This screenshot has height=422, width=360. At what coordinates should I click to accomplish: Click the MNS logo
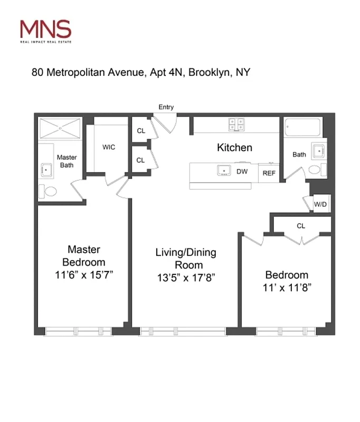(x=45, y=30)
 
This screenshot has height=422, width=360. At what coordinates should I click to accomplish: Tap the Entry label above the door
(x=166, y=107)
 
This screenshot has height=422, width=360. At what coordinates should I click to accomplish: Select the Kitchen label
(x=234, y=148)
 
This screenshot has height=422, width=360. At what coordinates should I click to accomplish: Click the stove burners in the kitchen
(x=236, y=124)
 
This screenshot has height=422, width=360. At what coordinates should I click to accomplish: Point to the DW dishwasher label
(x=242, y=171)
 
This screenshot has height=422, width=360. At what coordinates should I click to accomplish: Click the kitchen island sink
(x=223, y=170)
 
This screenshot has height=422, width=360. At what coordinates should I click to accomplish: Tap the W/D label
(x=319, y=204)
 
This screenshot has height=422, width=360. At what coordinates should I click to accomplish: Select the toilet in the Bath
(x=316, y=170)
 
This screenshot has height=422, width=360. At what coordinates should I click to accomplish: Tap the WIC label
(x=109, y=147)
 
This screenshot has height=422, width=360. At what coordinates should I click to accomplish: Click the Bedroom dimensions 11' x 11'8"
(x=287, y=288)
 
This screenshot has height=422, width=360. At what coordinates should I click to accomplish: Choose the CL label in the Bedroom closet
(x=301, y=226)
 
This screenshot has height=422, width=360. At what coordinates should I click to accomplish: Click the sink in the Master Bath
(x=45, y=169)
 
